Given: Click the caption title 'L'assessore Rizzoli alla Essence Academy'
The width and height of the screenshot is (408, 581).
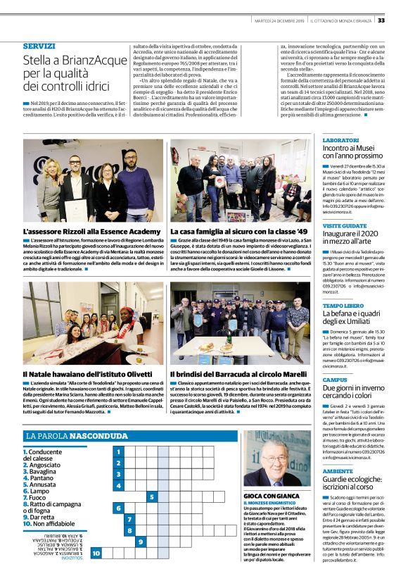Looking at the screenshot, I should pos(91,231).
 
